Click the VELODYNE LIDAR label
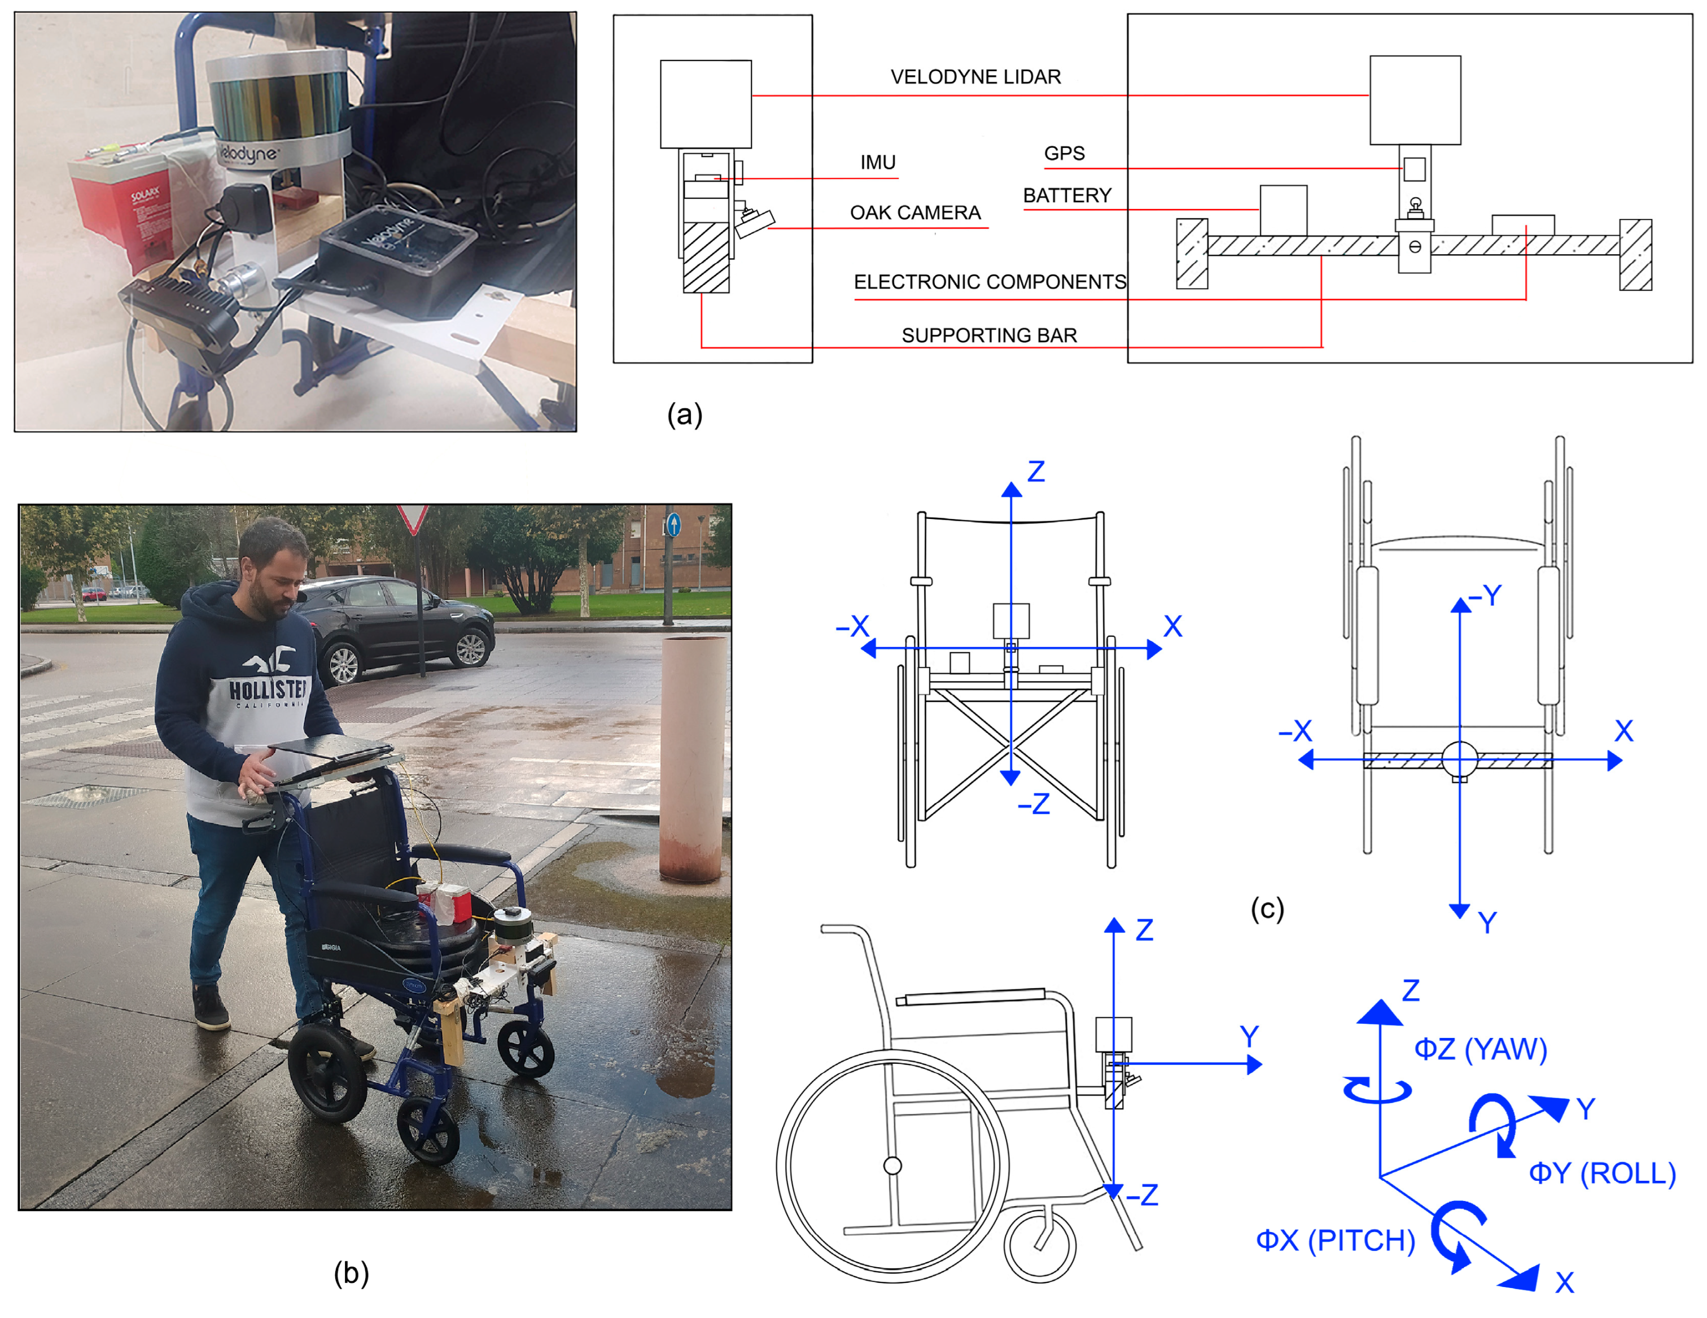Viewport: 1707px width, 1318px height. [975, 77]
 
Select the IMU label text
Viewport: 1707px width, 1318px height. [877, 162]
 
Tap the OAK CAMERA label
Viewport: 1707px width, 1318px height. [914, 213]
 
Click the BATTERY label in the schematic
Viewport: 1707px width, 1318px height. [1066, 195]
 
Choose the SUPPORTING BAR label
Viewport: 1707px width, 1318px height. [989, 335]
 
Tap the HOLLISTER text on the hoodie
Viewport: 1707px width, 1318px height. [268, 689]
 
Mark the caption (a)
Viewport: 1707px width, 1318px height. [684, 414]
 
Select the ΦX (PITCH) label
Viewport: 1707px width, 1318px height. [1335, 1241]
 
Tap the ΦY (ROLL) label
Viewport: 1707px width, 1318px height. [1601, 1173]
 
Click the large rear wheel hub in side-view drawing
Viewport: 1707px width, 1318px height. [892, 1166]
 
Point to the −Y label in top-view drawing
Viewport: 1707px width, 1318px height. [1484, 596]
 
